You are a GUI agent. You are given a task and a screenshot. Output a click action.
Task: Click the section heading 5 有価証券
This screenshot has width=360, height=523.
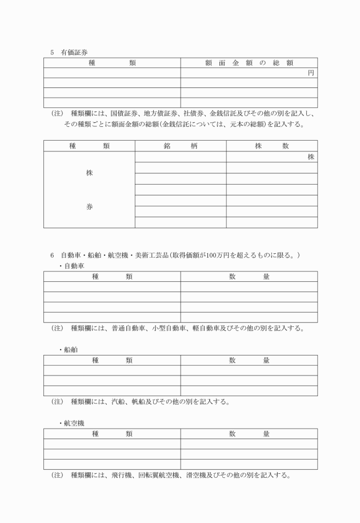(x=69, y=52)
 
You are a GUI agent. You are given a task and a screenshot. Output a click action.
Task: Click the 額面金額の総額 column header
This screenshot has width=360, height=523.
(x=249, y=63)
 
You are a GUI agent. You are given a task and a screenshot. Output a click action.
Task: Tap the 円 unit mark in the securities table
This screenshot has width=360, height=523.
(x=311, y=73)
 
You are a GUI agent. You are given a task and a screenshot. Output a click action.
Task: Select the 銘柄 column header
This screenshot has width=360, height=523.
(x=181, y=146)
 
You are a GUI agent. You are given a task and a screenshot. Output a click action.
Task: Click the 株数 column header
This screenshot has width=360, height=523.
(x=272, y=146)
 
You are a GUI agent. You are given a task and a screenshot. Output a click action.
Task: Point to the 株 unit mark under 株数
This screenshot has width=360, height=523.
(x=311, y=157)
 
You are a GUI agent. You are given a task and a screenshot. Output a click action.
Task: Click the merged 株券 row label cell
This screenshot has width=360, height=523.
(x=89, y=190)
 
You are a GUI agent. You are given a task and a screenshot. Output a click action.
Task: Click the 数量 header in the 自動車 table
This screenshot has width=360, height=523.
(x=249, y=277)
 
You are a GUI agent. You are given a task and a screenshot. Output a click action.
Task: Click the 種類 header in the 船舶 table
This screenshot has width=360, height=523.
(x=112, y=360)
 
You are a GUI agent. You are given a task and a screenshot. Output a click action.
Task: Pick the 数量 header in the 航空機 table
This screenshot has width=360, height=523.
(x=249, y=434)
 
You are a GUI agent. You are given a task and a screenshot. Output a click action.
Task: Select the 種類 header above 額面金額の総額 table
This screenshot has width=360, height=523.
(x=112, y=63)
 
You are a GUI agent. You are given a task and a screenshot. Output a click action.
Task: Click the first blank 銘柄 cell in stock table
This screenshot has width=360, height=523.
(x=181, y=157)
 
